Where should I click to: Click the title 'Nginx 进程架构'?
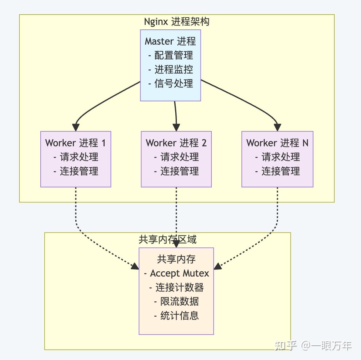(x=177, y=22)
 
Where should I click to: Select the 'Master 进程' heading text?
(x=170, y=41)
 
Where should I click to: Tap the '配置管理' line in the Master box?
(x=173, y=55)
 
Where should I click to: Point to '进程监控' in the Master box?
(x=173, y=70)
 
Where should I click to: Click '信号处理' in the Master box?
(x=173, y=83)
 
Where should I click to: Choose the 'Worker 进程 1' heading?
(x=76, y=143)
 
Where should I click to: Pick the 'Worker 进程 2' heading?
(x=176, y=143)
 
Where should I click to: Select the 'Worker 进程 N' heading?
(x=277, y=143)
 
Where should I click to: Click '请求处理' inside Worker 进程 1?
(x=79, y=157)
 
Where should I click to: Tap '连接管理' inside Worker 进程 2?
(x=179, y=171)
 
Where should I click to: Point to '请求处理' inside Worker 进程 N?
(x=280, y=157)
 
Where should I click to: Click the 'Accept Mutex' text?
(x=179, y=273)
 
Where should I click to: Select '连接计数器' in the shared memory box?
(x=179, y=287)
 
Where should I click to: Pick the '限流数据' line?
(x=179, y=301)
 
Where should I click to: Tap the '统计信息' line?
(x=179, y=316)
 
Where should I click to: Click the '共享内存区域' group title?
(x=167, y=239)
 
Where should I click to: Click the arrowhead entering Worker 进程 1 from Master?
(x=76, y=127)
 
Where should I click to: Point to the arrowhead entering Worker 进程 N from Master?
(x=277, y=127)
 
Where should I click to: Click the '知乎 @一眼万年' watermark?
(x=313, y=346)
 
